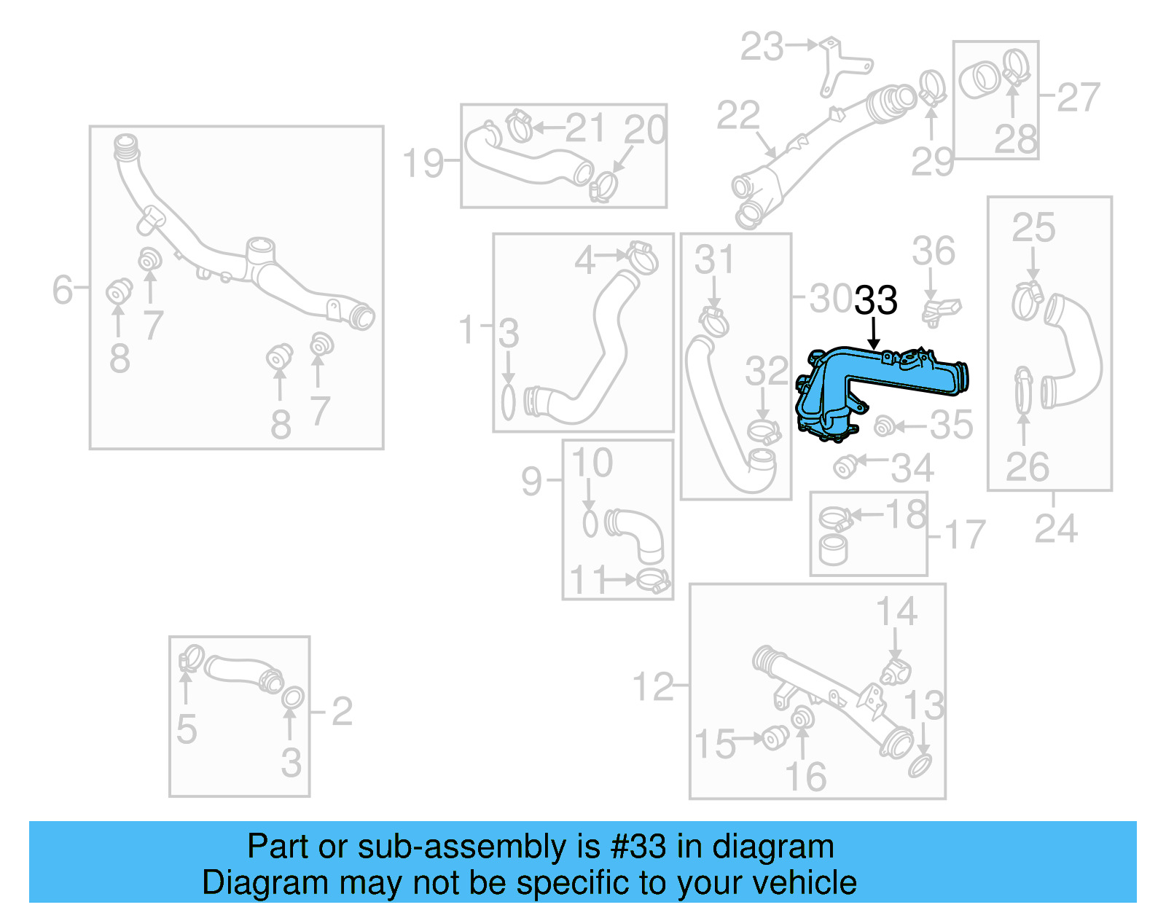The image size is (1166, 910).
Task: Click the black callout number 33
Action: [x=875, y=300]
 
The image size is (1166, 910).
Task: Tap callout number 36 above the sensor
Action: [x=933, y=251]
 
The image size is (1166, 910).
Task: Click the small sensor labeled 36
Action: [x=940, y=310]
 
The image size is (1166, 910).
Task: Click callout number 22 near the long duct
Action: [x=737, y=115]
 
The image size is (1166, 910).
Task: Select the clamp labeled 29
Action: [x=931, y=87]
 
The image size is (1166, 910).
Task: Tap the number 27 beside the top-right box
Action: [x=1078, y=97]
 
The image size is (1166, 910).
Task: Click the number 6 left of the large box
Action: [x=63, y=289]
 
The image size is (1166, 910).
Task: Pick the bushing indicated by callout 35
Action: [x=884, y=426]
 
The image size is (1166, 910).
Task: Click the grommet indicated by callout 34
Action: [x=845, y=466]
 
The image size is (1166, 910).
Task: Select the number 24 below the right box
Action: [x=1055, y=529]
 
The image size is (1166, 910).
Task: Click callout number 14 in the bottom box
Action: [x=896, y=611]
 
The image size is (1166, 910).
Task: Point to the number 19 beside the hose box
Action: [x=423, y=162]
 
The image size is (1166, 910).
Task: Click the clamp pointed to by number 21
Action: [x=519, y=127]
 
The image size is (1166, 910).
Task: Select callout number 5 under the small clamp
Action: [x=187, y=729]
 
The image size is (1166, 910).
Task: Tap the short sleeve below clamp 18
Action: [x=834, y=549]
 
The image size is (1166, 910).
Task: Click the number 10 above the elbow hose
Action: [x=592, y=463]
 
